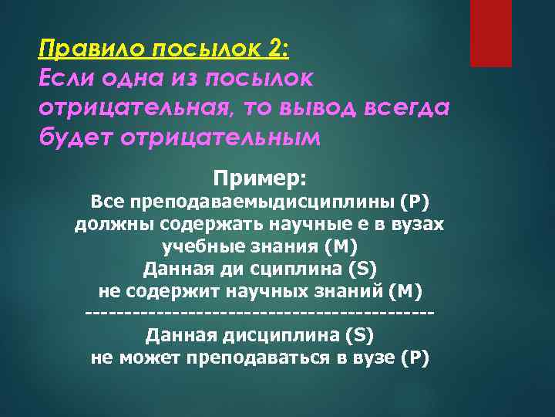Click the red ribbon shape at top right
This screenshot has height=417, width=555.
click(492, 32)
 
